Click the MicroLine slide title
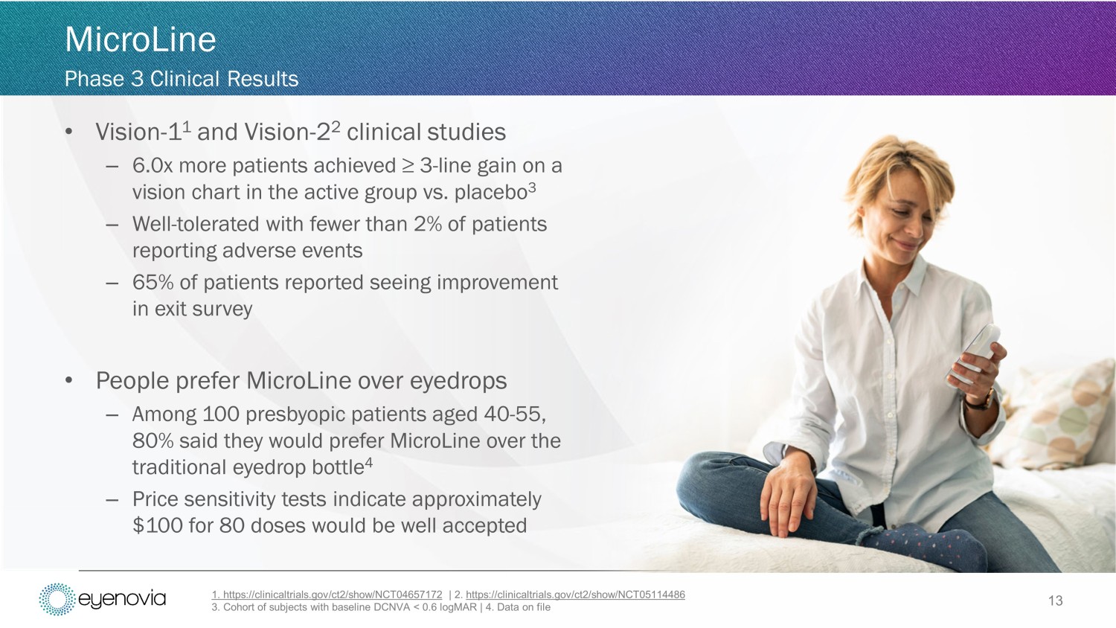point(141,39)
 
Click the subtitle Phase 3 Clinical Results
point(182,79)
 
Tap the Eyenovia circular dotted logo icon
point(57,599)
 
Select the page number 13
point(1055,600)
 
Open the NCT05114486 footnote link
point(575,595)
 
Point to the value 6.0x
point(153,165)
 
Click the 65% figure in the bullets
point(153,283)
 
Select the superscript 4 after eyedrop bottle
point(369,462)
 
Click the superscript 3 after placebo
point(532,188)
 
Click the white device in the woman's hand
point(974,354)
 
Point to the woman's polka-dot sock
point(927,545)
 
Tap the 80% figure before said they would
point(153,441)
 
